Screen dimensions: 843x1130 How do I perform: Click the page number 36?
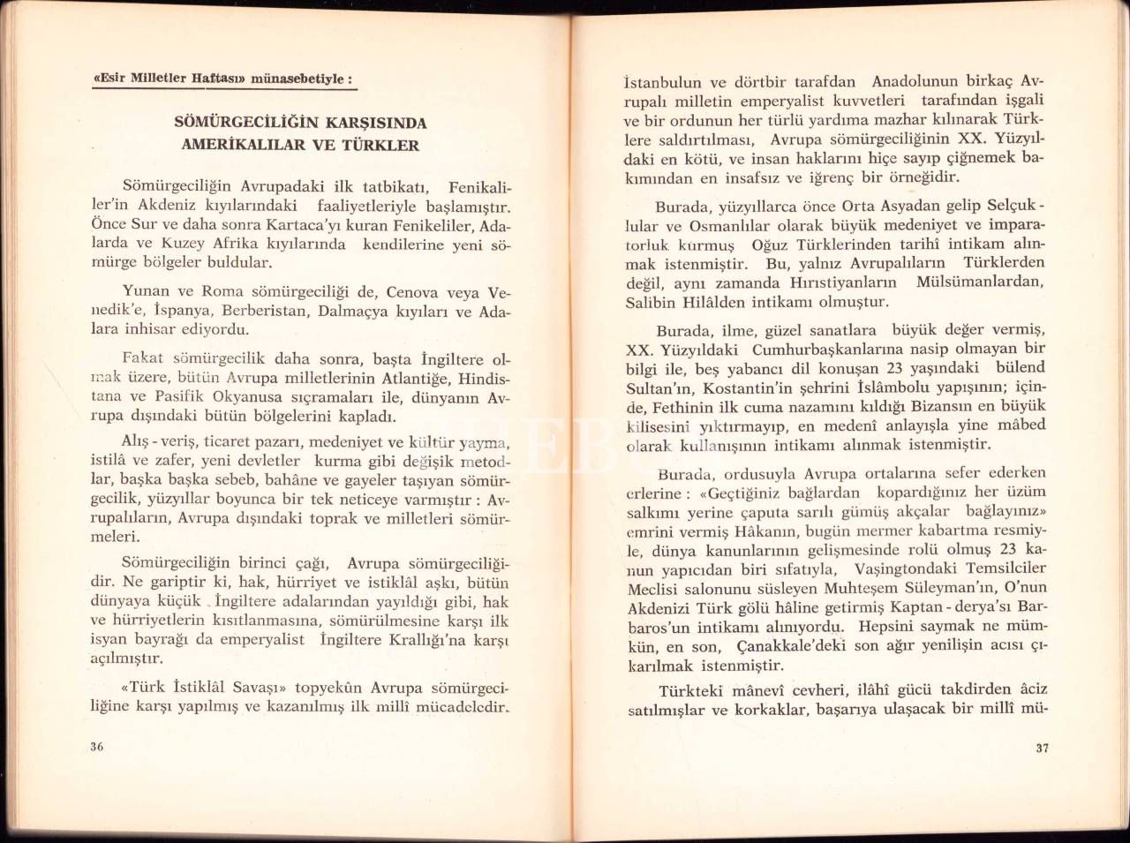click(x=97, y=746)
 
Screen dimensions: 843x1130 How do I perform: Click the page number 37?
click(x=1042, y=748)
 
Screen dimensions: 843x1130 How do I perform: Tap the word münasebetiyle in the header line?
click(x=302, y=79)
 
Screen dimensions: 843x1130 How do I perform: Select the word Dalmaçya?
click(x=353, y=312)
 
